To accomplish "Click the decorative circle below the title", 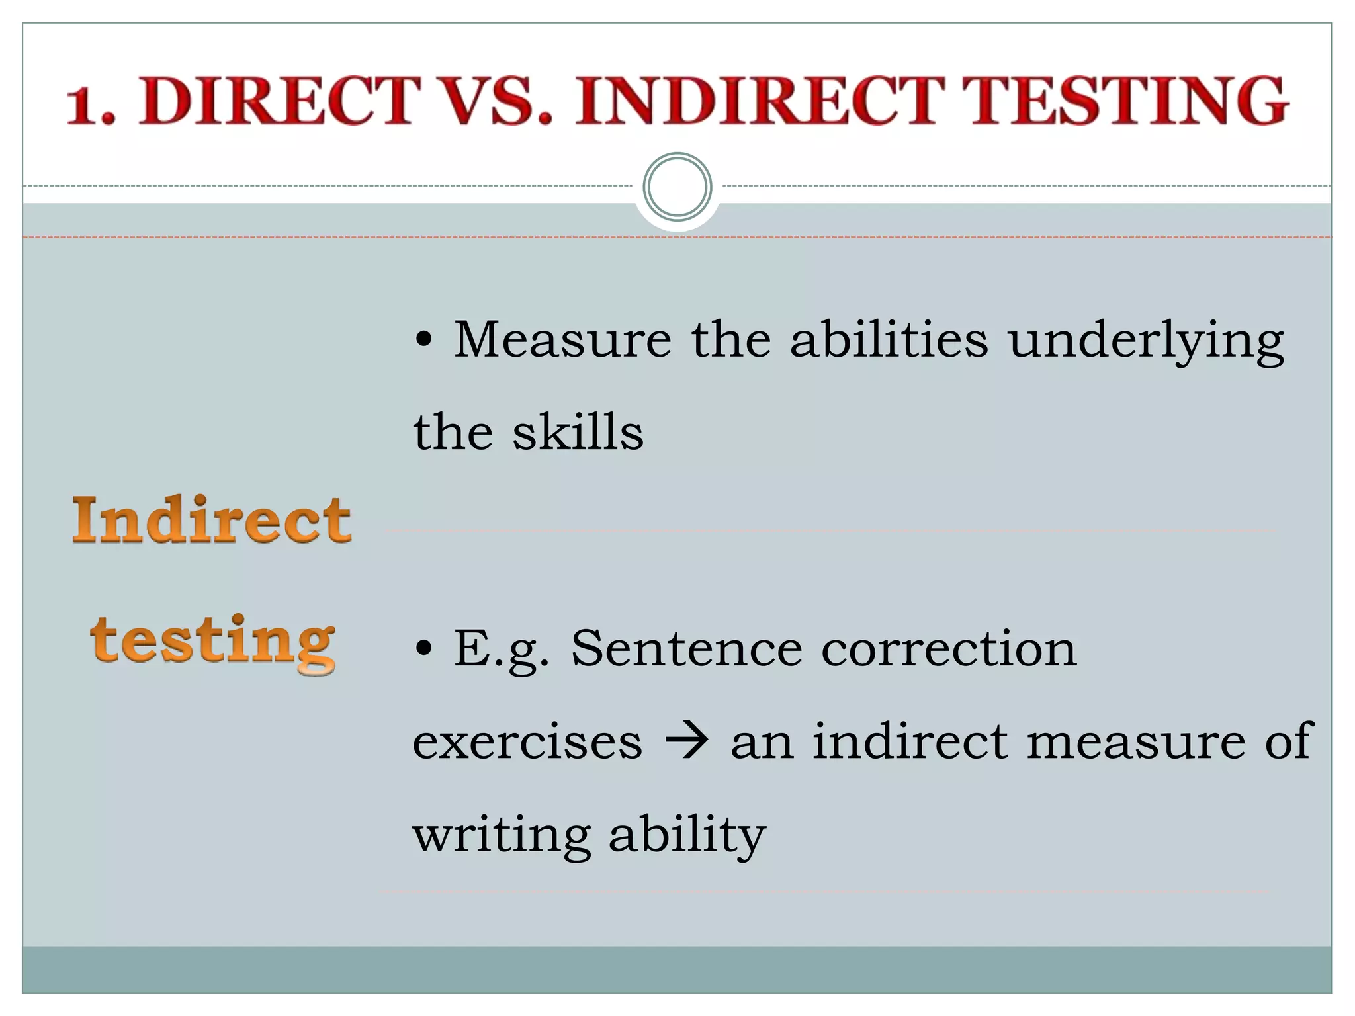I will click(677, 187).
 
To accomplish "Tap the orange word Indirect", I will click(211, 521).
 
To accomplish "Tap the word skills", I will click(578, 432).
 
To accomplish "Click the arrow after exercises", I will click(686, 741).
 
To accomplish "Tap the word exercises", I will click(527, 741).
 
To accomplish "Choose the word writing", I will click(501, 835).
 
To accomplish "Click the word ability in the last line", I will click(686, 835).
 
